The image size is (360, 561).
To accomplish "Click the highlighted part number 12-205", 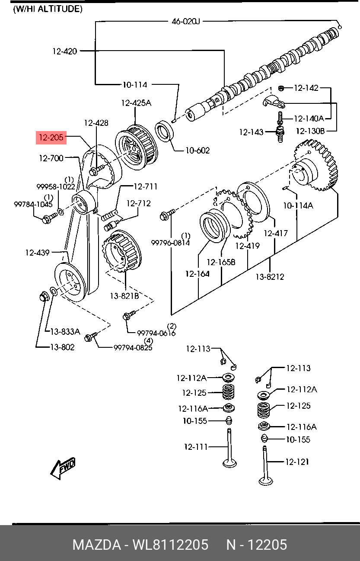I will [x=51, y=138].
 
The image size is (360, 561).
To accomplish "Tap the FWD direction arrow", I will [x=63, y=468].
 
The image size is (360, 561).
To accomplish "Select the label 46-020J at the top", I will [x=186, y=21].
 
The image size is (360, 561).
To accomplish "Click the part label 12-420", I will [x=65, y=51].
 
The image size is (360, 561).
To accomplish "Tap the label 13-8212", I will [x=270, y=276].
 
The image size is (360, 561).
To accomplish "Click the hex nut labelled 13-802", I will [x=43, y=297].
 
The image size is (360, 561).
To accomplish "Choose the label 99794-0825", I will [x=133, y=347].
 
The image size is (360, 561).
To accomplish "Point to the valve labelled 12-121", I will [x=265, y=467].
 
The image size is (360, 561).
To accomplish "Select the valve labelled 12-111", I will [x=229, y=450].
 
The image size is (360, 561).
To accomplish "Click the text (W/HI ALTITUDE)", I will [x=48, y=9].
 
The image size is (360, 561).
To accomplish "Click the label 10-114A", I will [x=298, y=206].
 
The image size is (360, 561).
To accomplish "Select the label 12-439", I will [x=37, y=253].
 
